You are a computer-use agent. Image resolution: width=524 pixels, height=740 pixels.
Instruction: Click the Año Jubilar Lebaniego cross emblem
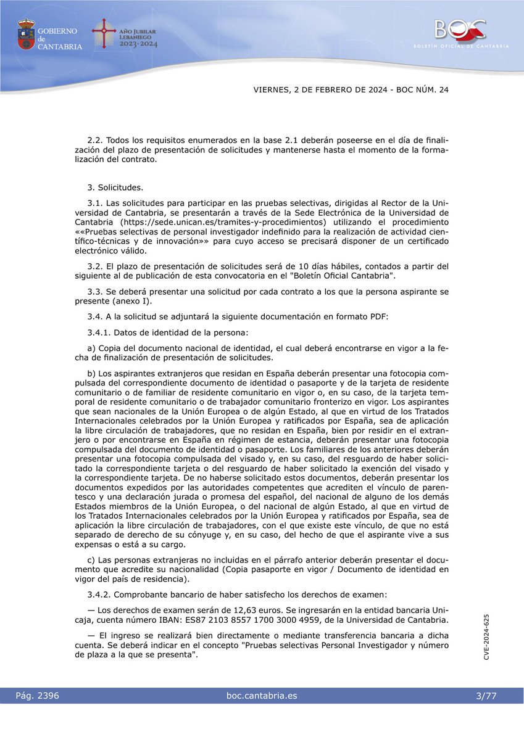pos(104,34)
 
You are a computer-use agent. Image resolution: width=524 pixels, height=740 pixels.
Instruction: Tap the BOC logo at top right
pos(460,29)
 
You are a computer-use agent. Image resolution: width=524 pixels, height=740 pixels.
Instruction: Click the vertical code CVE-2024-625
pos(487,637)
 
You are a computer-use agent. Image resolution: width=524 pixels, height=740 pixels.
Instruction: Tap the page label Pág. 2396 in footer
pos(38,696)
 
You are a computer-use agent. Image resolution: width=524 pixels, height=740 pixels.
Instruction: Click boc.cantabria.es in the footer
pos(262,696)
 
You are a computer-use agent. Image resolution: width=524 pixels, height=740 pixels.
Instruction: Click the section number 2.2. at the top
pos(96,141)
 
